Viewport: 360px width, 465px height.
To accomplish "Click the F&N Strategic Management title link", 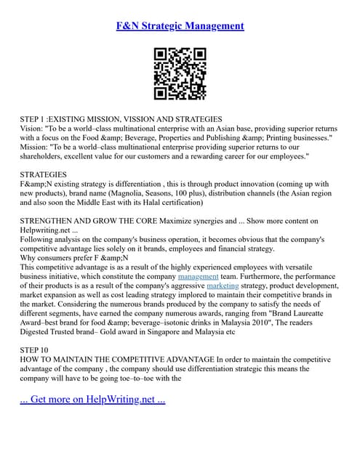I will (x=180, y=26).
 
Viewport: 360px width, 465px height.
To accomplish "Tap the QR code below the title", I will (x=180, y=73).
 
